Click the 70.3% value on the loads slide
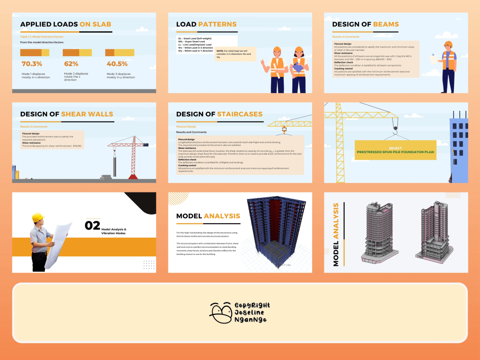[x=32, y=64]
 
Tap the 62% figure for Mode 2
[x=71, y=64]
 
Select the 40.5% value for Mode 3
[x=117, y=64]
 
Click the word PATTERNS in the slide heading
[x=218, y=24]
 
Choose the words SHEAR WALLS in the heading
[x=87, y=114]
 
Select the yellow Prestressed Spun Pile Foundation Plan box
[x=396, y=150]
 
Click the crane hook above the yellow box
[x=395, y=126]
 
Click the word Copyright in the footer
[x=252, y=305]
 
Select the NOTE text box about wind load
[x=235, y=54]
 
